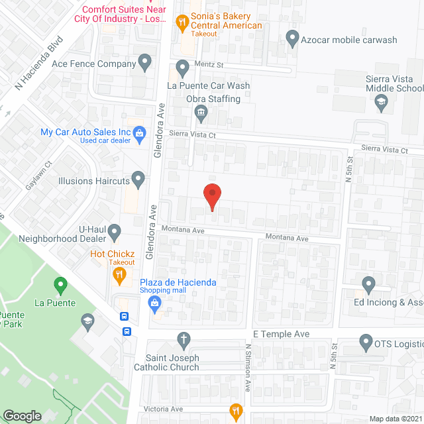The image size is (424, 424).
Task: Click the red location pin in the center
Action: (x=211, y=195)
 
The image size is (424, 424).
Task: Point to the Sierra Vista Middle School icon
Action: (x=382, y=102)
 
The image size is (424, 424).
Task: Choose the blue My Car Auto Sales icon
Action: (x=140, y=136)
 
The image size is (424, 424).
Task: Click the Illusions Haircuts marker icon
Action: (x=138, y=178)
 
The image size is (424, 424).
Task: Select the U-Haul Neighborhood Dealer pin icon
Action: (x=115, y=232)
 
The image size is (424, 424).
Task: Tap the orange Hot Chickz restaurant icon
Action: (x=119, y=274)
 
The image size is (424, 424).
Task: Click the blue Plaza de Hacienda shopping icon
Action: (x=156, y=304)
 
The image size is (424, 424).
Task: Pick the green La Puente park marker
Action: (x=61, y=286)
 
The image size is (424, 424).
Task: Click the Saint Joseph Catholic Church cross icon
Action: (x=184, y=341)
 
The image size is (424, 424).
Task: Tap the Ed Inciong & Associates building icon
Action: (x=369, y=285)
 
